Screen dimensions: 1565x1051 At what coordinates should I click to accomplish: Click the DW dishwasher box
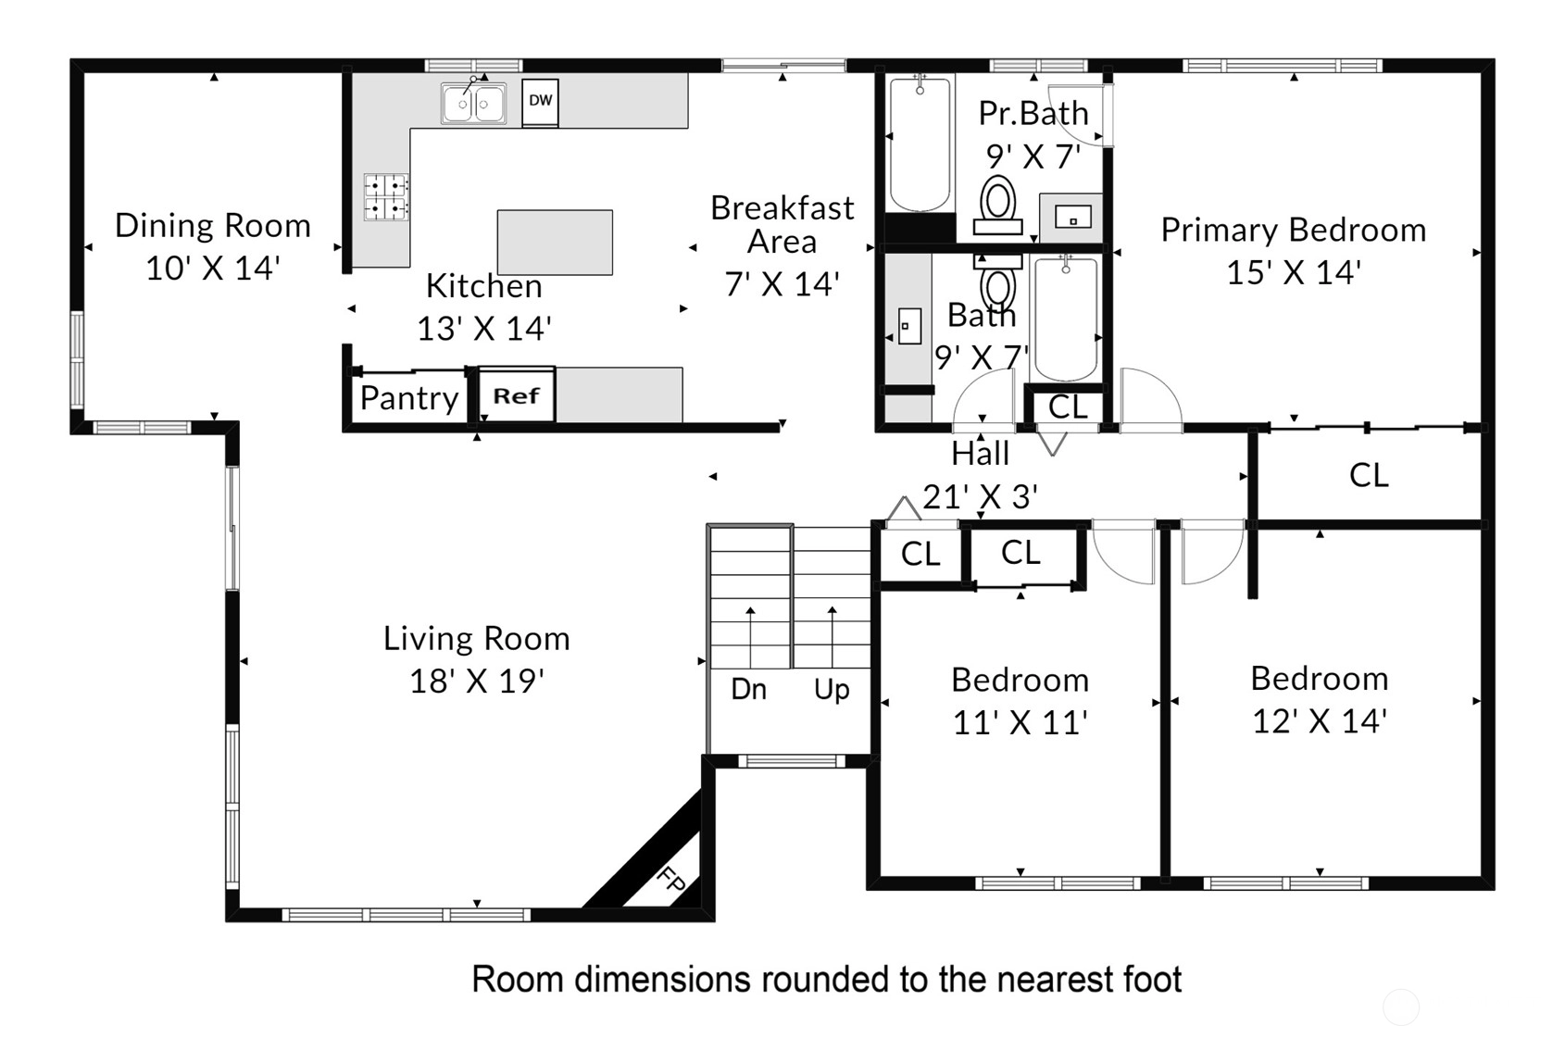[x=540, y=103]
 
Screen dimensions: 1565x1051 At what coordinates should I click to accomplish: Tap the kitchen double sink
[x=474, y=104]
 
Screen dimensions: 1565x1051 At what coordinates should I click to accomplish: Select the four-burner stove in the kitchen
[x=385, y=197]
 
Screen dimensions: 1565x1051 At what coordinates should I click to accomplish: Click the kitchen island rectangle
[x=555, y=242]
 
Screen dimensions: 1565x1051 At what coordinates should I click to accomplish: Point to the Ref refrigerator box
[x=517, y=395]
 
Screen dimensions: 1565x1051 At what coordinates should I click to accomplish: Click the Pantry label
[x=409, y=398]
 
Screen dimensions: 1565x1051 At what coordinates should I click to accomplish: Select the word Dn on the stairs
[x=749, y=689]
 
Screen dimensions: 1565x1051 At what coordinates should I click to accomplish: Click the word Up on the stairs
[x=832, y=691]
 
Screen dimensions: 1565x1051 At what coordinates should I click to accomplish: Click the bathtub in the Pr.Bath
[x=920, y=144]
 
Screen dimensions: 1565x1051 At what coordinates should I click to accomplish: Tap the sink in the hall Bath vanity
[x=909, y=326]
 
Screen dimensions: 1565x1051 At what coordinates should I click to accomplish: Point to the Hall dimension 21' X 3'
[x=981, y=497]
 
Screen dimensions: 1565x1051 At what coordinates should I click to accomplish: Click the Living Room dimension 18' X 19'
[x=477, y=682]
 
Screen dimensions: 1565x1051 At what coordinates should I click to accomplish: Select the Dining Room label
[x=213, y=226]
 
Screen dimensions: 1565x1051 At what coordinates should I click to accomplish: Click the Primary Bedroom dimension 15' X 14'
[x=1294, y=272]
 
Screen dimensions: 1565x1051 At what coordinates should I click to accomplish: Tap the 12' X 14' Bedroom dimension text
[x=1320, y=721]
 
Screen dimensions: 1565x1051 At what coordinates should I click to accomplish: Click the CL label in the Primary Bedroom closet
[x=1369, y=476]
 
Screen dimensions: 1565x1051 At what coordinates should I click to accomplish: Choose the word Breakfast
[x=782, y=208]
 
